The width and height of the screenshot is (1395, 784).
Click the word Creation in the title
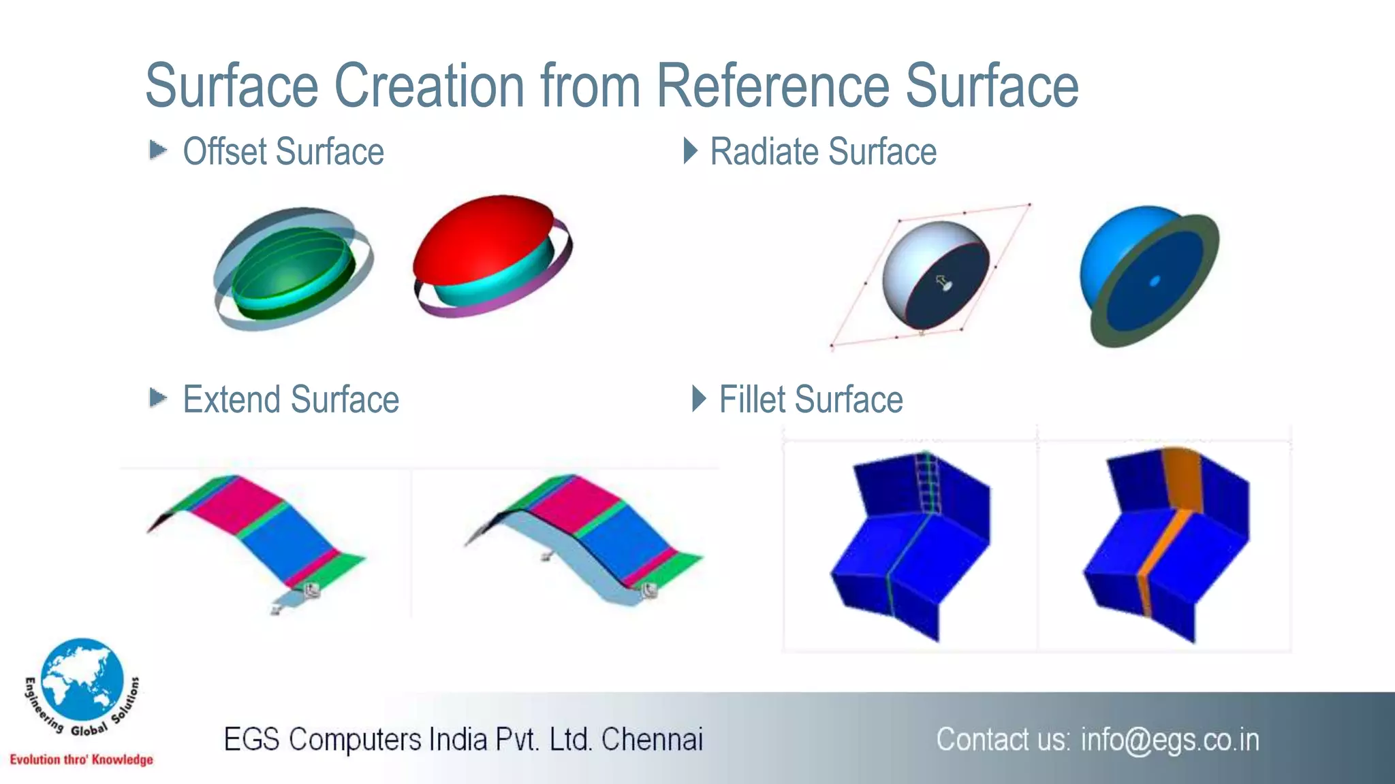[429, 86]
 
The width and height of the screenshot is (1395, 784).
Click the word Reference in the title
[772, 86]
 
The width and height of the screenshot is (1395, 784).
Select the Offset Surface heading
[283, 151]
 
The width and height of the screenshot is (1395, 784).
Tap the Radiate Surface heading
[823, 151]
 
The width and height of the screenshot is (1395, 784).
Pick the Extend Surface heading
[291, 399]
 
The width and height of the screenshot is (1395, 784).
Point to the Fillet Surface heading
[811, 399]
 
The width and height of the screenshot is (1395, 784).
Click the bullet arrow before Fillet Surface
[698, 399]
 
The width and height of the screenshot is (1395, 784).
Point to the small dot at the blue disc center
[1154, 281]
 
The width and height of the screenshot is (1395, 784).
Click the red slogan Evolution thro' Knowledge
[81, 759]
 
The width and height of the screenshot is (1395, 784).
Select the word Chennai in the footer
[652, 740]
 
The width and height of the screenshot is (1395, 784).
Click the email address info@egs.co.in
[1170, 740]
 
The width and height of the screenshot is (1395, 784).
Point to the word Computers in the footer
[355, 740]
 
